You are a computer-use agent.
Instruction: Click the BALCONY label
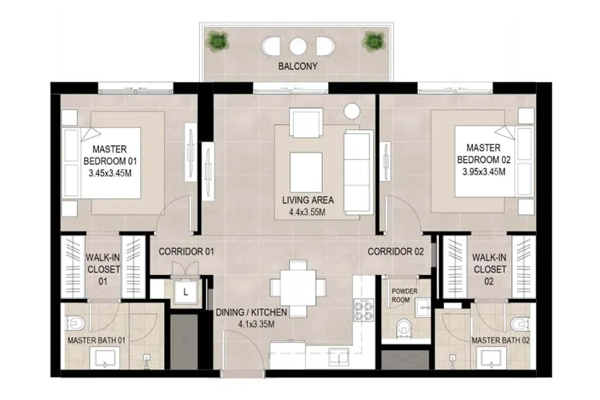[x=297, y=66]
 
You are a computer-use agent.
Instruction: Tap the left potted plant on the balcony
[x=217, y=40]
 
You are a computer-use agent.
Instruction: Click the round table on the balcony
[x=298, y=47]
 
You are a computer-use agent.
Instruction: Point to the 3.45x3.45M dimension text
[x=110, y=173]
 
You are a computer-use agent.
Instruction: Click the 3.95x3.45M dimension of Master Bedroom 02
[x=483, y=172]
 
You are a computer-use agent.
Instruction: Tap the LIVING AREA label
[x=308, y=200]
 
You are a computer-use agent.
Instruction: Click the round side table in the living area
[x=352, y=111]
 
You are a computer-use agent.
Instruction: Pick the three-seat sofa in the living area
[x=358, y=171]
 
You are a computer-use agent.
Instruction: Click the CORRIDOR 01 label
[x=186, y=252]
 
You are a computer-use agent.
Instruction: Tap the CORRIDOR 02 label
[x=396, y=252]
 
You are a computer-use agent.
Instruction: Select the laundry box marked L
[x=185, y=292]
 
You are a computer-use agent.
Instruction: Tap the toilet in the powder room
[x=403, y=327]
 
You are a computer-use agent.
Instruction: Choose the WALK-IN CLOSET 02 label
[x=489, y=270]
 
